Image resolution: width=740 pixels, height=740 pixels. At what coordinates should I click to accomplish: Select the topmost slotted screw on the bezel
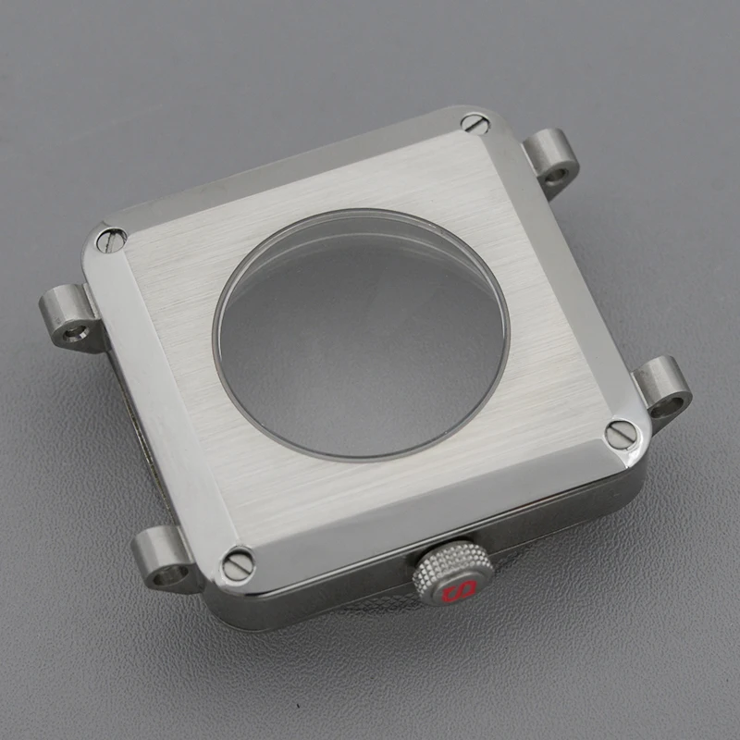pos(475,122)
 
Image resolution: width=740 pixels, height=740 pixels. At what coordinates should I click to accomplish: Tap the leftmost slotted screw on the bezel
pos(111,240)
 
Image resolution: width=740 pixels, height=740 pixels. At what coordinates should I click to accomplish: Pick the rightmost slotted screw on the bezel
pos(620,433)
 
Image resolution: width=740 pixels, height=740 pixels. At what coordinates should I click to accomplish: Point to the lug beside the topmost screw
pos(551,157)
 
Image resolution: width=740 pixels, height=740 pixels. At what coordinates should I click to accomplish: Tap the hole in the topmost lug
pos(558,172)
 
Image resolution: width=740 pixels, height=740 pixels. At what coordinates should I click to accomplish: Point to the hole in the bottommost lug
pos(164,576)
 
